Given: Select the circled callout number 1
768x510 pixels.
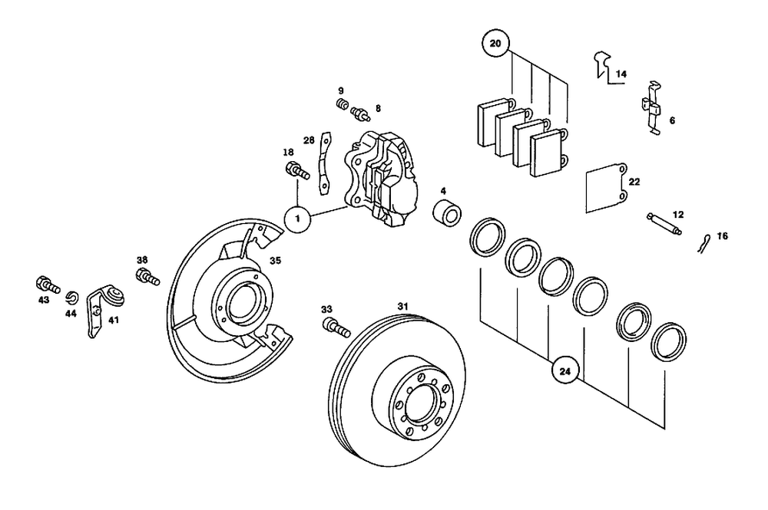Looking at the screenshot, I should coord(299,219).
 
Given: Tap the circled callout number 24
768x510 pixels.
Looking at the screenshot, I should coord(566,371).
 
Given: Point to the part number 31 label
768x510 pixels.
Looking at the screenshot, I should coord(402,307).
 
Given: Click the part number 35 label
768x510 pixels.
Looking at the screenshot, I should coord(275,261).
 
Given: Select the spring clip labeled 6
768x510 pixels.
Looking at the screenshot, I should coord(651,107).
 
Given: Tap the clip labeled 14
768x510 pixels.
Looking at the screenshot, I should coord(602,64).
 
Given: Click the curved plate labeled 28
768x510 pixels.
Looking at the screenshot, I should coord(326,161).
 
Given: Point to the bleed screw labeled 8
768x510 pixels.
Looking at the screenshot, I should coord(359,115).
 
